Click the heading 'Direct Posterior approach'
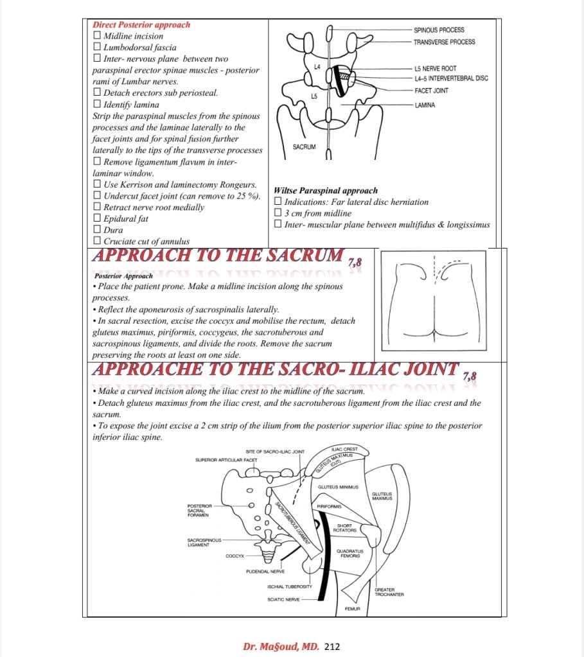141,25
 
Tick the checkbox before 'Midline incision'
97,37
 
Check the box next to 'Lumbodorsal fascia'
97,48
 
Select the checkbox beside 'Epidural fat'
97,219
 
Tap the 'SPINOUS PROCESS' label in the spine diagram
439,30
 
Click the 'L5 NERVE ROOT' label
435,69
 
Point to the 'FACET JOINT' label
431,91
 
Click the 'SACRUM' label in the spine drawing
304,147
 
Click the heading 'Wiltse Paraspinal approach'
326,191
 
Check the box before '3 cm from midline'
278,213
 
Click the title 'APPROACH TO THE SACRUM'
218,256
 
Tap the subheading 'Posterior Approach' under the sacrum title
123,276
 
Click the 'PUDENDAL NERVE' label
263,571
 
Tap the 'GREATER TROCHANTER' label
389,592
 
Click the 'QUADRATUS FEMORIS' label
350,553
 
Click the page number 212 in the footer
332,646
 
